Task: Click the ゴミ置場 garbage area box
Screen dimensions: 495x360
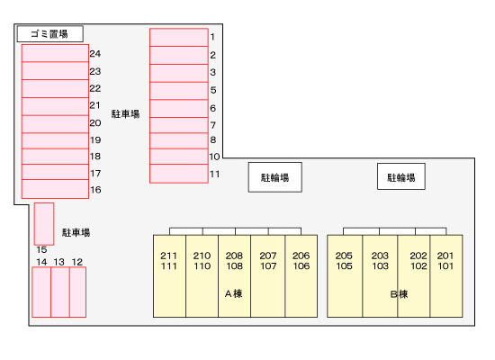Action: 50,34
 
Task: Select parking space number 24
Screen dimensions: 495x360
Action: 55,53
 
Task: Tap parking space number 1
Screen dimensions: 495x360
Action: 179,37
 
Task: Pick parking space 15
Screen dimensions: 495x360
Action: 44,224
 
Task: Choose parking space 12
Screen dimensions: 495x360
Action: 77,292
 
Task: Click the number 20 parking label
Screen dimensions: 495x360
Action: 95,122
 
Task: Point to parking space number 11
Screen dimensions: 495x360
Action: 179,174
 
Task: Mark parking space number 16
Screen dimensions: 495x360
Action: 55,189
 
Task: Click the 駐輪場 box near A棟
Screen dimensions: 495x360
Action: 275,177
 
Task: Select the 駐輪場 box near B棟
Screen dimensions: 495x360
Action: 401,176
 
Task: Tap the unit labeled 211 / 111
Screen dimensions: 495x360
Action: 169,276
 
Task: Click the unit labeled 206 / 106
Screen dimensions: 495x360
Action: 301,276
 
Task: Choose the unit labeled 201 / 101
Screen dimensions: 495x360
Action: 446,276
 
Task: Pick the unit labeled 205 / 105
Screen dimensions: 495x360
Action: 345,276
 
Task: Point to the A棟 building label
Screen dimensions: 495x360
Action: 234,294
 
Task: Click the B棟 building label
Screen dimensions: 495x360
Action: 399,294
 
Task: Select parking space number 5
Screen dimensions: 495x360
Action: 179,91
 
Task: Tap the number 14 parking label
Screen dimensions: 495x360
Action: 41,262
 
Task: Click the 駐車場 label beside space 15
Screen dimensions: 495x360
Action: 76,233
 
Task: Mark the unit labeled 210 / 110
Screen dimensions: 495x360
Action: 202,276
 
